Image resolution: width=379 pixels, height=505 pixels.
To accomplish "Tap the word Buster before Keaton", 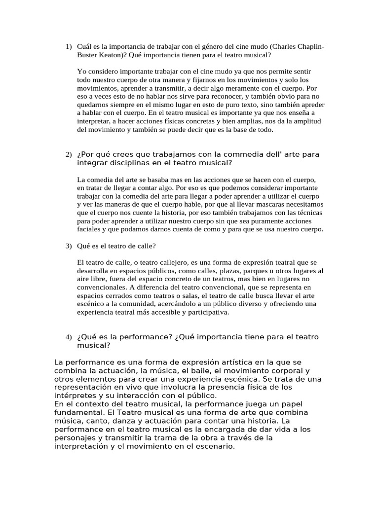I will pyautogui.click(x=88, y=55).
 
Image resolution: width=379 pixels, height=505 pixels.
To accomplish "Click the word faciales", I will pyautogui.click(x=90, y=230).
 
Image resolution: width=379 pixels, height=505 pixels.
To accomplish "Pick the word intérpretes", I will pyautogui.click(x=76, y=396).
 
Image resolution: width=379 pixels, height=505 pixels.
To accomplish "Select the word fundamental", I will pyautogui.click(x=79, y=412).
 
